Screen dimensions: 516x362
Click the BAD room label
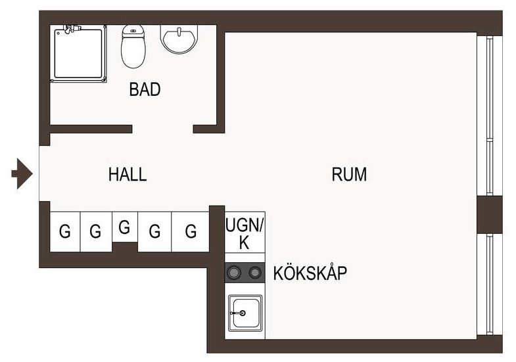(x=145, y=89)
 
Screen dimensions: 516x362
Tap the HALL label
(x=128, y=174)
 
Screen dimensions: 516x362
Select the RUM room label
(x=349, y=174)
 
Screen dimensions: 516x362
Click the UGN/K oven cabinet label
(x=245, y=233)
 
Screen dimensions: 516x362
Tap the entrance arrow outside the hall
(x=22, y=173)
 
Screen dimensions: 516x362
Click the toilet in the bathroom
(x=133, y=46)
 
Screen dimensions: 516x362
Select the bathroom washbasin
(x=179, y=39)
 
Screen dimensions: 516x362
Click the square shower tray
(x=78, y=54)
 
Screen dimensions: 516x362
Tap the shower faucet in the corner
(x=72, y=29)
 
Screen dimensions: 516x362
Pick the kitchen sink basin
(x=245, y=313)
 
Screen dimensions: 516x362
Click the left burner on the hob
(x=234, y=272)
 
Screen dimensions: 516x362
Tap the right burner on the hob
(x=254, y=272)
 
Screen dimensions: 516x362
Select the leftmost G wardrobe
(x=65, y=231)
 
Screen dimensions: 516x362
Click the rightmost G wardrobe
(x=190, y=231)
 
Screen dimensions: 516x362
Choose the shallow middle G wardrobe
(x=124, y=227)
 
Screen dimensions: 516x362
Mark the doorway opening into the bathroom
(x=162, y=129)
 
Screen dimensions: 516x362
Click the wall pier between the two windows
(x=489, y=215)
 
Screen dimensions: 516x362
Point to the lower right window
(x=490, y=284)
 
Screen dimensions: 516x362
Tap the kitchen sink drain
(x=243, y=313)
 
